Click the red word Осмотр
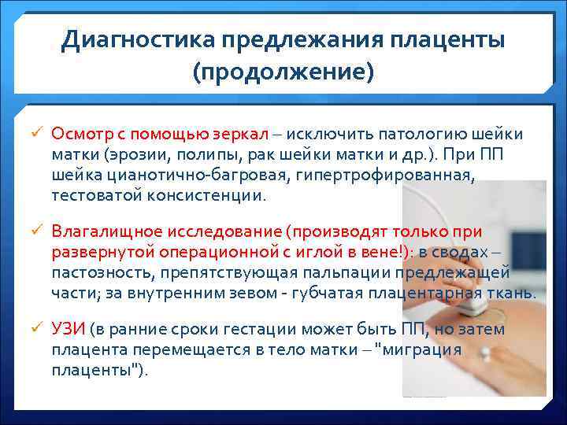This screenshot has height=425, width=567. point(81,134)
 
